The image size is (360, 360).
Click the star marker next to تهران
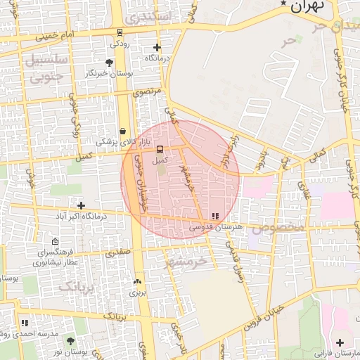(x=284, y=4)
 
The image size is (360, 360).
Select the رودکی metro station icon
(x=120, y=32)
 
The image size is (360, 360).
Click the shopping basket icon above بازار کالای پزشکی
(x=123, y=131)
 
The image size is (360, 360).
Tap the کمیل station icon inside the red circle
(x=160, y=149)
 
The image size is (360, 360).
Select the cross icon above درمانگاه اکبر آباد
(x=82, y=206)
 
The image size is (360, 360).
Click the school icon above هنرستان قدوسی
(x=214, y=216)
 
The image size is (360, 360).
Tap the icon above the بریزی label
(x=136, y=282)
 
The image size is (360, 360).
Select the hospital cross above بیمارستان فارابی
(x=340, y=342)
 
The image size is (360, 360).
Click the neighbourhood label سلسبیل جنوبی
(x=46, y=69)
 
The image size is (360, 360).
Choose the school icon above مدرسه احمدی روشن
(x=25, y=323)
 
